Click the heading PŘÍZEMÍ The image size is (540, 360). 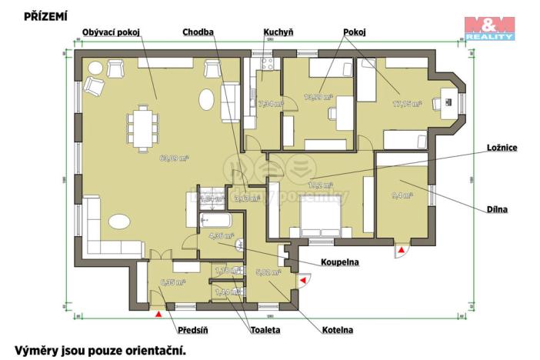click(45, 15)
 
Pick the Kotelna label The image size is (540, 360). click(338, 330)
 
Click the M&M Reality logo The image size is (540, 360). click(489, 27)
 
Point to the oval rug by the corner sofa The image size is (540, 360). click(120, 222)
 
